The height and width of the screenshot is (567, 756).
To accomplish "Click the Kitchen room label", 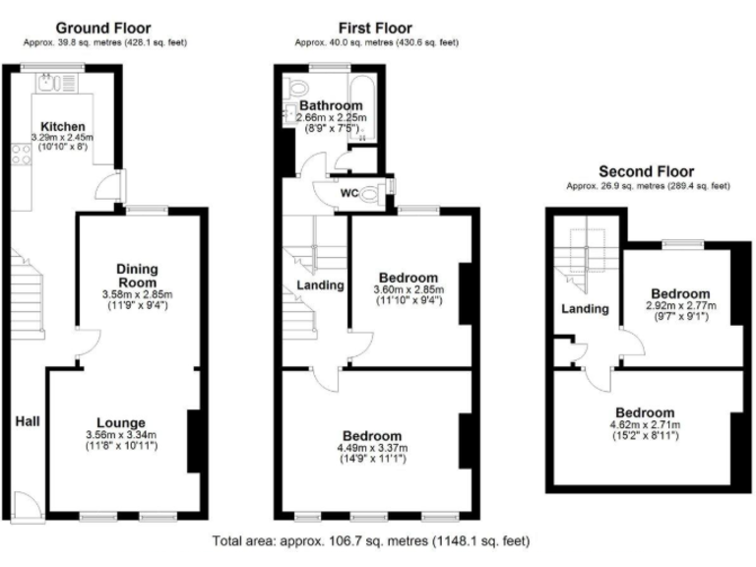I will point(61,126).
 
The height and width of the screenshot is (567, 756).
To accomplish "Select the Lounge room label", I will point(121,423).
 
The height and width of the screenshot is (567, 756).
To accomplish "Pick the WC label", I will point(348,193).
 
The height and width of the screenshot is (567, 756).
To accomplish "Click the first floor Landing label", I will point(320,285).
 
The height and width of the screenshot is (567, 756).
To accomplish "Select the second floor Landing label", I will point(584,309).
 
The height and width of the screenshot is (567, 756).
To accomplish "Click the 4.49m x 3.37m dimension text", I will point(371,448).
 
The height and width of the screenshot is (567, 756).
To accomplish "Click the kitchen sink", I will point(51,83).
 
